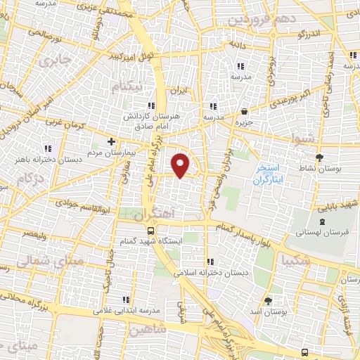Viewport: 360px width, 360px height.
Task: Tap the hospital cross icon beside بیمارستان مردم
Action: pos(111,141)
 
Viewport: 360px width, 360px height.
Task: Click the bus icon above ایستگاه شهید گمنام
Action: pos(151,231)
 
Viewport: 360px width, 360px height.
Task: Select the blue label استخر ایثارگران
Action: pos(267,174)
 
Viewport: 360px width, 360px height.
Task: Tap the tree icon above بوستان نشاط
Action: pos(321,157)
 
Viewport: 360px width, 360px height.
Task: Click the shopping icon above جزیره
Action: pos(244,111)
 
